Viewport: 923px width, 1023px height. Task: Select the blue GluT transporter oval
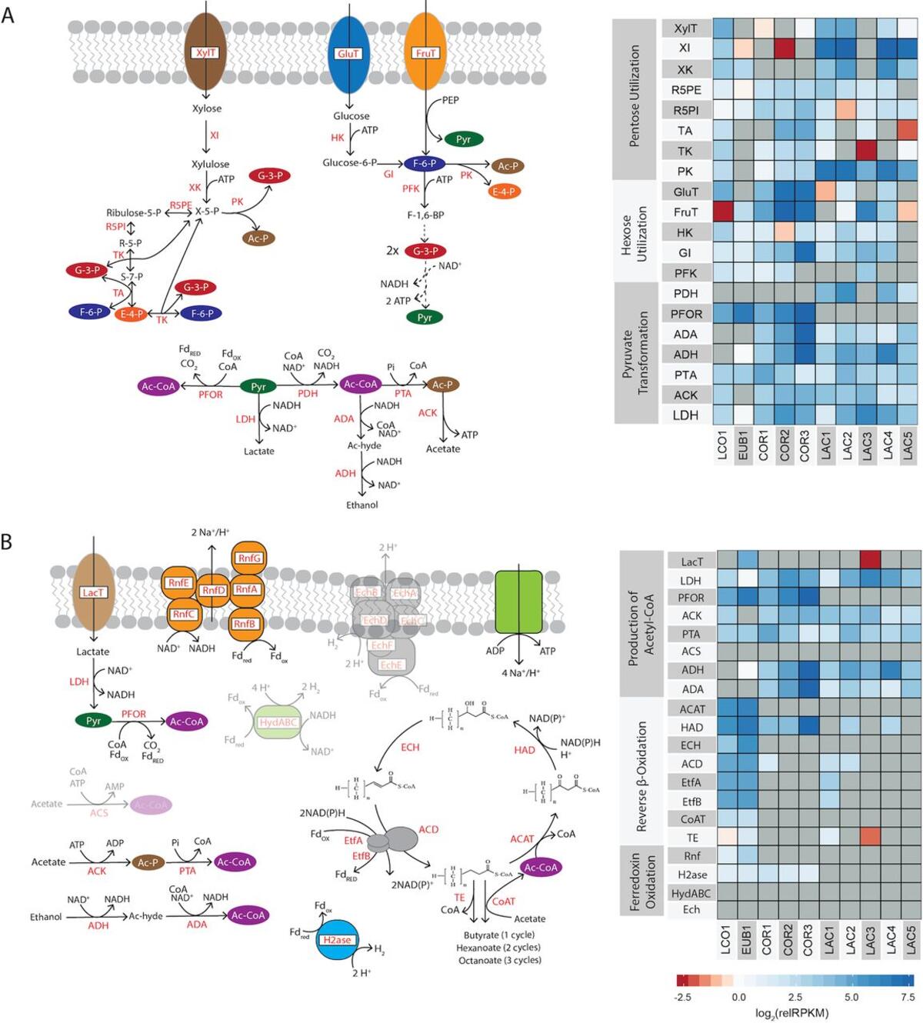coord(348,53)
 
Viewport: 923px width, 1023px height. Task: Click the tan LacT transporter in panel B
coord(93,592)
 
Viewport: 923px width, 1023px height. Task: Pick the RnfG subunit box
coord(248,558)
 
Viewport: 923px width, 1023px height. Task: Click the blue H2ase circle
coord(337,939)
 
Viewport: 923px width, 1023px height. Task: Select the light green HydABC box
coord(278,722)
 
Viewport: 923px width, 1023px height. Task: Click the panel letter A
coord(8,15)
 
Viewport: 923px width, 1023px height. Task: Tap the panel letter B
coord(7,541)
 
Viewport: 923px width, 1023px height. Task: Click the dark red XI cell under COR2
coord(785,48)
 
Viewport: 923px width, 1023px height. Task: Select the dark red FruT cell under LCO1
coord(723,212)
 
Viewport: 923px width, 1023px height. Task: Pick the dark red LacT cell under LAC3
coord(870,561)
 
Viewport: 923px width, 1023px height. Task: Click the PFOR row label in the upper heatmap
coord(685,314)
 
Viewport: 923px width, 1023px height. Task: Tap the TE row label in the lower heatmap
coord(691,838)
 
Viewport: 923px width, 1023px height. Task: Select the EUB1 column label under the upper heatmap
coord(743,445)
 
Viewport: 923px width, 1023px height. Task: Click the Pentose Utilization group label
coord(635,96)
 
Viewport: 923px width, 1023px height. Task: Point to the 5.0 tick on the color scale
coord(851,997)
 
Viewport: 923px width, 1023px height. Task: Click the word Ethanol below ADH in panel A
coord(362,505)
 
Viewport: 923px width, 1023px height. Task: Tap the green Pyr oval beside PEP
coord(463,139)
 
